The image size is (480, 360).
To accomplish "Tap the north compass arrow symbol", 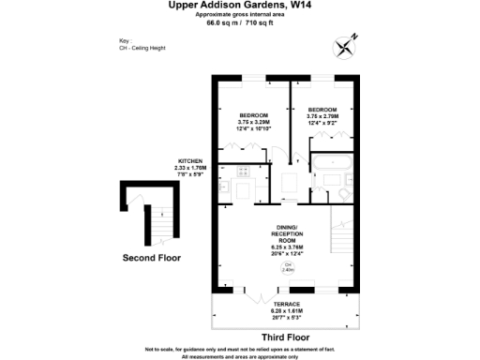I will coord(352,42).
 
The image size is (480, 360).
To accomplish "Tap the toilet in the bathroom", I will coord(344,193).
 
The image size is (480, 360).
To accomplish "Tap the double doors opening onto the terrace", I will coord(247,287).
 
